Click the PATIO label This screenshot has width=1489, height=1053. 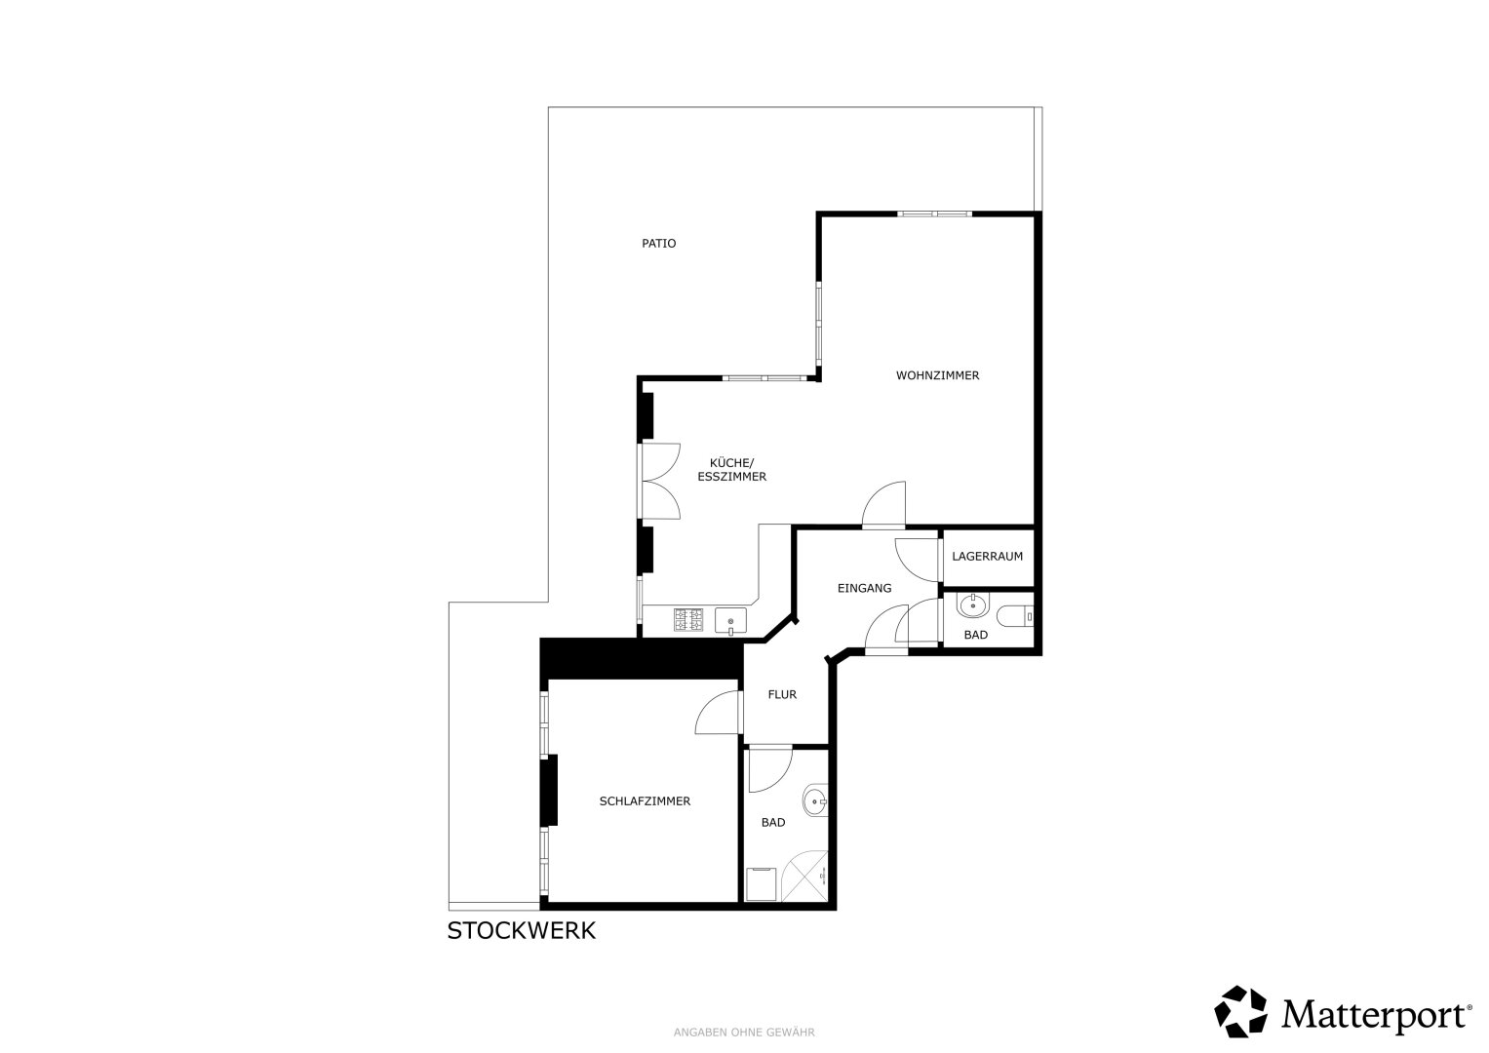pyautogui.click(x=659, y=244)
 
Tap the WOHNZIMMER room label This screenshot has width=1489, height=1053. pyautogui.click(x=937, y=375)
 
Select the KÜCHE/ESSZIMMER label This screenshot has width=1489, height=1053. pyautogui.click(x=732, y=469)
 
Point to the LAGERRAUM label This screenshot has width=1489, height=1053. pyautogui.click(x=987, y=557)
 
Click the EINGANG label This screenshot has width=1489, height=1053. pyautogui.click(x=864, y=588)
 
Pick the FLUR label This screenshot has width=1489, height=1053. pyautogui.click(x=782, y=694)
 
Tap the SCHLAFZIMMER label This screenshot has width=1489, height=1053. pyautogui.click(x=645, y=801)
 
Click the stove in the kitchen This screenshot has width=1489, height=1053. pyautogui.click(x=688, y=619)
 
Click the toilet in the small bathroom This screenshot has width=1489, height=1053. pyautogui.click(x=1015, y=616)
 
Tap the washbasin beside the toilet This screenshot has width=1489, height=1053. pyautogui.click(x=973, y=604)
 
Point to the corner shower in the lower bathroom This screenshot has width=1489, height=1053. pyautogui.click(x=805, y=877)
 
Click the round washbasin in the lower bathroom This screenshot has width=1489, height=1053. pyautogui.click(x=815, y=801)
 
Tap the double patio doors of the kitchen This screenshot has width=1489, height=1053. pyautogui.click(x=658, y=482)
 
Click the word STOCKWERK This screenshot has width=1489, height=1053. pyautogui.click(x=521, y=931)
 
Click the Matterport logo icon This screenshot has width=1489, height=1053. pyautogui.click(x=1241, y=1012)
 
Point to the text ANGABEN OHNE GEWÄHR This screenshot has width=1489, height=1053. pyautogui.click(x=744, y=1033)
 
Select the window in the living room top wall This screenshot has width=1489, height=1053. pyautogui.click(x=934, y=214)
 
